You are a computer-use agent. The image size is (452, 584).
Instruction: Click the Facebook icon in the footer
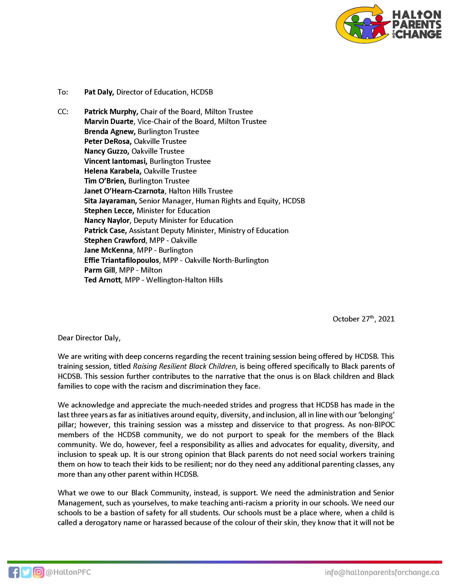[14, 572]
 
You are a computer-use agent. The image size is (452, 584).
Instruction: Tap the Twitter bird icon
[26, 572]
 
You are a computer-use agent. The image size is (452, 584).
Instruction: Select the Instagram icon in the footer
[39, 572]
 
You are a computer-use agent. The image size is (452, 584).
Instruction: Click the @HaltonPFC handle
[68, 572]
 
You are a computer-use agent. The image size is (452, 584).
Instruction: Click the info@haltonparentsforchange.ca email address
[382, 573]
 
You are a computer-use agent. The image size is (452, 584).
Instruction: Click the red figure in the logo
[379, 25]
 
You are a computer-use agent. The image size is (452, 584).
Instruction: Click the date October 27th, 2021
[363, 319]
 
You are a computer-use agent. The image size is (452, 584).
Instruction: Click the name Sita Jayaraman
[110, 201]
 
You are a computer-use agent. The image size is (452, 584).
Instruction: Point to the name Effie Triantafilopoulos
[122, 260]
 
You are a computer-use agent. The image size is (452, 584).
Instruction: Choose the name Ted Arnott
[103, 280]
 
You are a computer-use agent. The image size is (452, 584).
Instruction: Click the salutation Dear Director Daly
[89, 338]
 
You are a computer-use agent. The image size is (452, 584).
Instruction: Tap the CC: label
[63, 112]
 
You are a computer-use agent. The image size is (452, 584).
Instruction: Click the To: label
[63, 92]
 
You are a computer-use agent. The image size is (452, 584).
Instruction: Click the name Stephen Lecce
[109, 211]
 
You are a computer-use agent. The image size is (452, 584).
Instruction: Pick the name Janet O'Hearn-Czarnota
[124, 191]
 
